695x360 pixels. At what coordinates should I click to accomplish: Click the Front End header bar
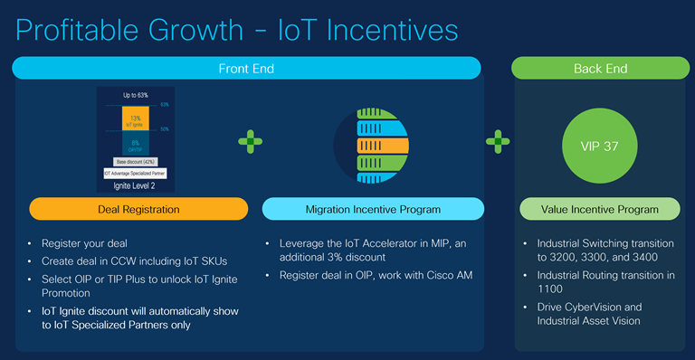coord(246,68)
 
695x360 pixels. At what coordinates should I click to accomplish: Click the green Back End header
coord(596,68)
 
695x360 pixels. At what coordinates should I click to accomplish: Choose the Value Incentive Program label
coord(600,209)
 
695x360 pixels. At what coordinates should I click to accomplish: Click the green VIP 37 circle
coord(599,145)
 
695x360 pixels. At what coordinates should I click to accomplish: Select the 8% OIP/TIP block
coord(135,144)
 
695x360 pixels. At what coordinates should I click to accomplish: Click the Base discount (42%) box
coord(136,161)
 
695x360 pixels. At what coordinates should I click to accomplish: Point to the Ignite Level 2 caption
coord(135,185)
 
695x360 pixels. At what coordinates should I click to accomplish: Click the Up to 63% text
coord(136,94)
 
